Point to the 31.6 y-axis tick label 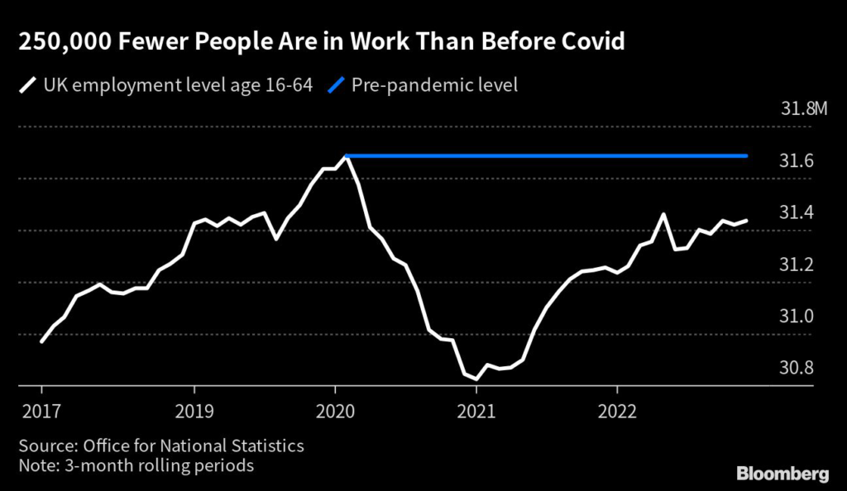797,160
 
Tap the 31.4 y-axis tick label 797,212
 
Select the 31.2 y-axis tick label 797,265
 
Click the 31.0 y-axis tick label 797,317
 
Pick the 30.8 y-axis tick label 797,368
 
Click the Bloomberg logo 782,473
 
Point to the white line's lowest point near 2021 476,379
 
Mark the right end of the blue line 747,155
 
